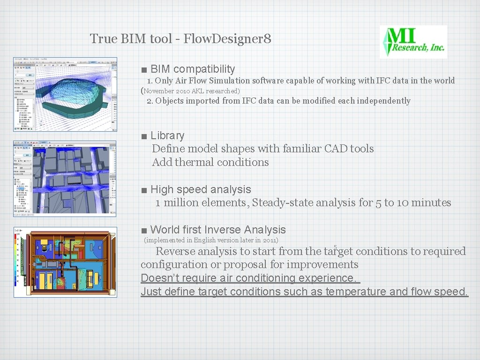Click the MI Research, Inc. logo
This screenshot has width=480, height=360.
[x=413, y=42]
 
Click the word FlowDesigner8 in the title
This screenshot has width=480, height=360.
[x=227, y=38]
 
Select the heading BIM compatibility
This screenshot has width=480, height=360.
[x=193, y=69]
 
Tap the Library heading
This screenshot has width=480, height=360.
[x=167, y=135]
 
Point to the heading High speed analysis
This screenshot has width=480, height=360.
[x=201, y=189]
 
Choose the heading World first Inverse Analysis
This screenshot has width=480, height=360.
[x=218, y=230]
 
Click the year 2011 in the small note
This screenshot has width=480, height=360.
[x=270, y=240]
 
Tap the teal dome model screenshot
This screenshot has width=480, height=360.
[x=65, y=94]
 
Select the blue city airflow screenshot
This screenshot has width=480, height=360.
[x=65, y=177]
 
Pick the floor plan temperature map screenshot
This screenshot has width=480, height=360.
[x=65, y=262]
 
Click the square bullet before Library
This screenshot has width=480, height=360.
[x=144, y=136]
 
